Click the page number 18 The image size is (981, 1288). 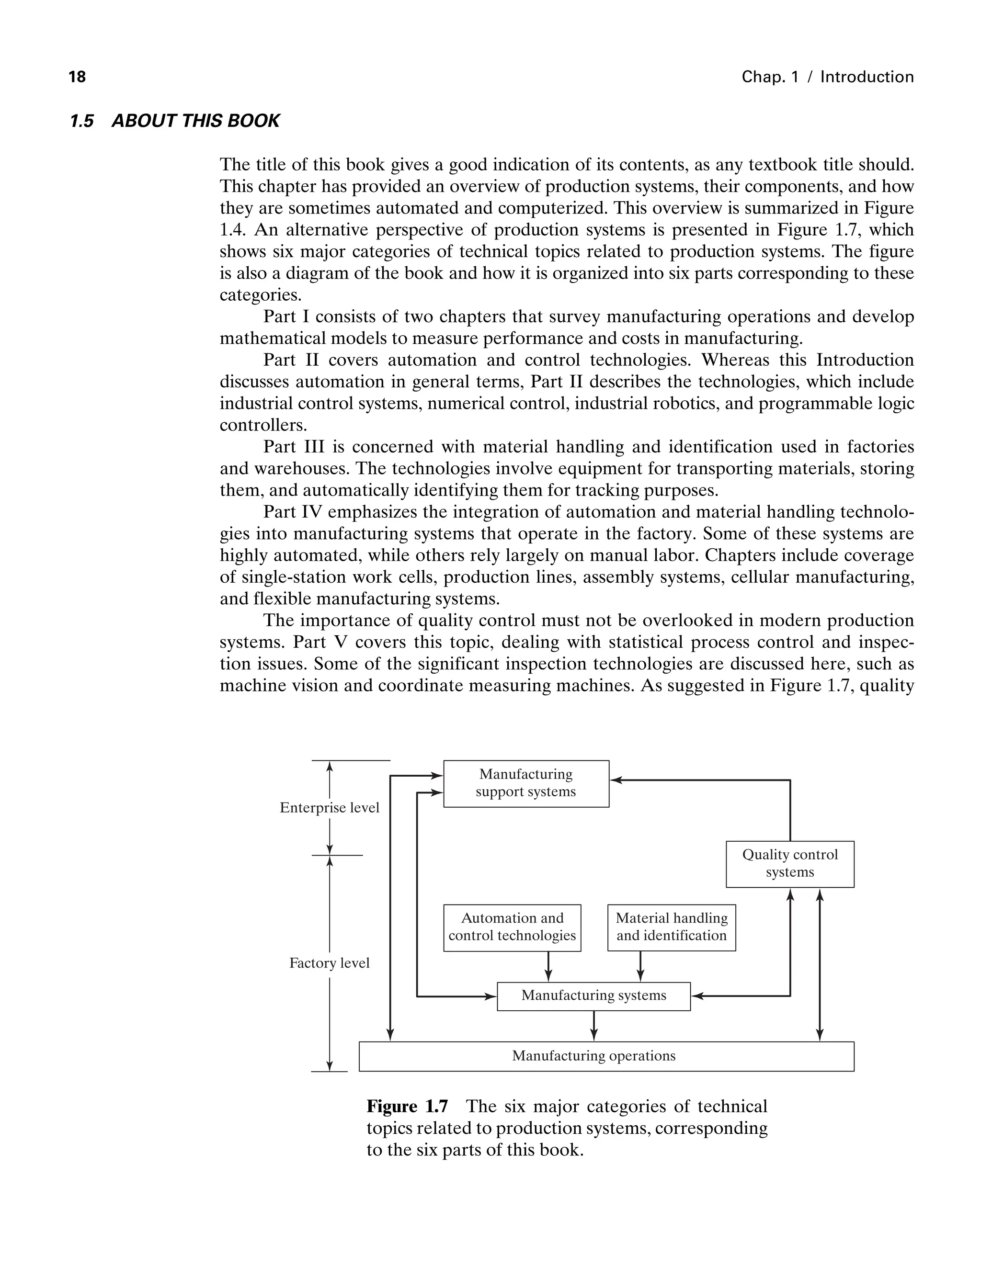click(77, 77)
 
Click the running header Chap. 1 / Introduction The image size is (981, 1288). click(827, 77)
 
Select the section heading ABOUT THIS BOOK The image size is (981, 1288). click(195, 121)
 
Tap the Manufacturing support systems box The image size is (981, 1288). click(525, 783)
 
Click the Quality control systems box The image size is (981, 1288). click(789, 863)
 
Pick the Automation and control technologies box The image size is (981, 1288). click(512, 927)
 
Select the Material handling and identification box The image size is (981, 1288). click(671, 927)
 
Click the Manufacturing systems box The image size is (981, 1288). click(593, 995)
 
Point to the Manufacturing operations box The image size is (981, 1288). click(605, 1056)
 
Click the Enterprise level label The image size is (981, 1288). click(330, 808)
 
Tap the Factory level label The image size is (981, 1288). click(330, 963)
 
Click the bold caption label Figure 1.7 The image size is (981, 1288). click(407, 1107)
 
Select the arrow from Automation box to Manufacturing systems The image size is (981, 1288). click(548, 966)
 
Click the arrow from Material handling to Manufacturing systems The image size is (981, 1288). click(640, 966)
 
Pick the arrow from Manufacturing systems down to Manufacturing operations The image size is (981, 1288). click(594, 1026)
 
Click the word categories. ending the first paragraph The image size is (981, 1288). click(261, 295)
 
